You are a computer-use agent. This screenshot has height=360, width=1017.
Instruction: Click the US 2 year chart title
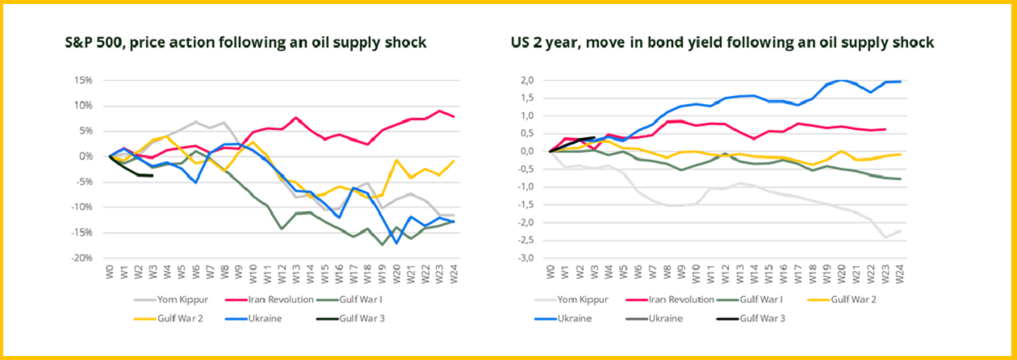pyautogui.click(x=721, y=43)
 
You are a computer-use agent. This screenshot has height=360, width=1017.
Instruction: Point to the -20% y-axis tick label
pyautogui.click(x=83, y=257)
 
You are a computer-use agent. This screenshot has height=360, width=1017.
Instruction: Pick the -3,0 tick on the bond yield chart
pyautogui.click(x=526, y=257)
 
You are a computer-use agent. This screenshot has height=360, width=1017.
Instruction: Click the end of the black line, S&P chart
pyautogui.click(x=153, y=175)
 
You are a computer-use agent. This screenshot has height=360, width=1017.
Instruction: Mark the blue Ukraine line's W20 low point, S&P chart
pyautogui.click(x=397, y=243)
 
